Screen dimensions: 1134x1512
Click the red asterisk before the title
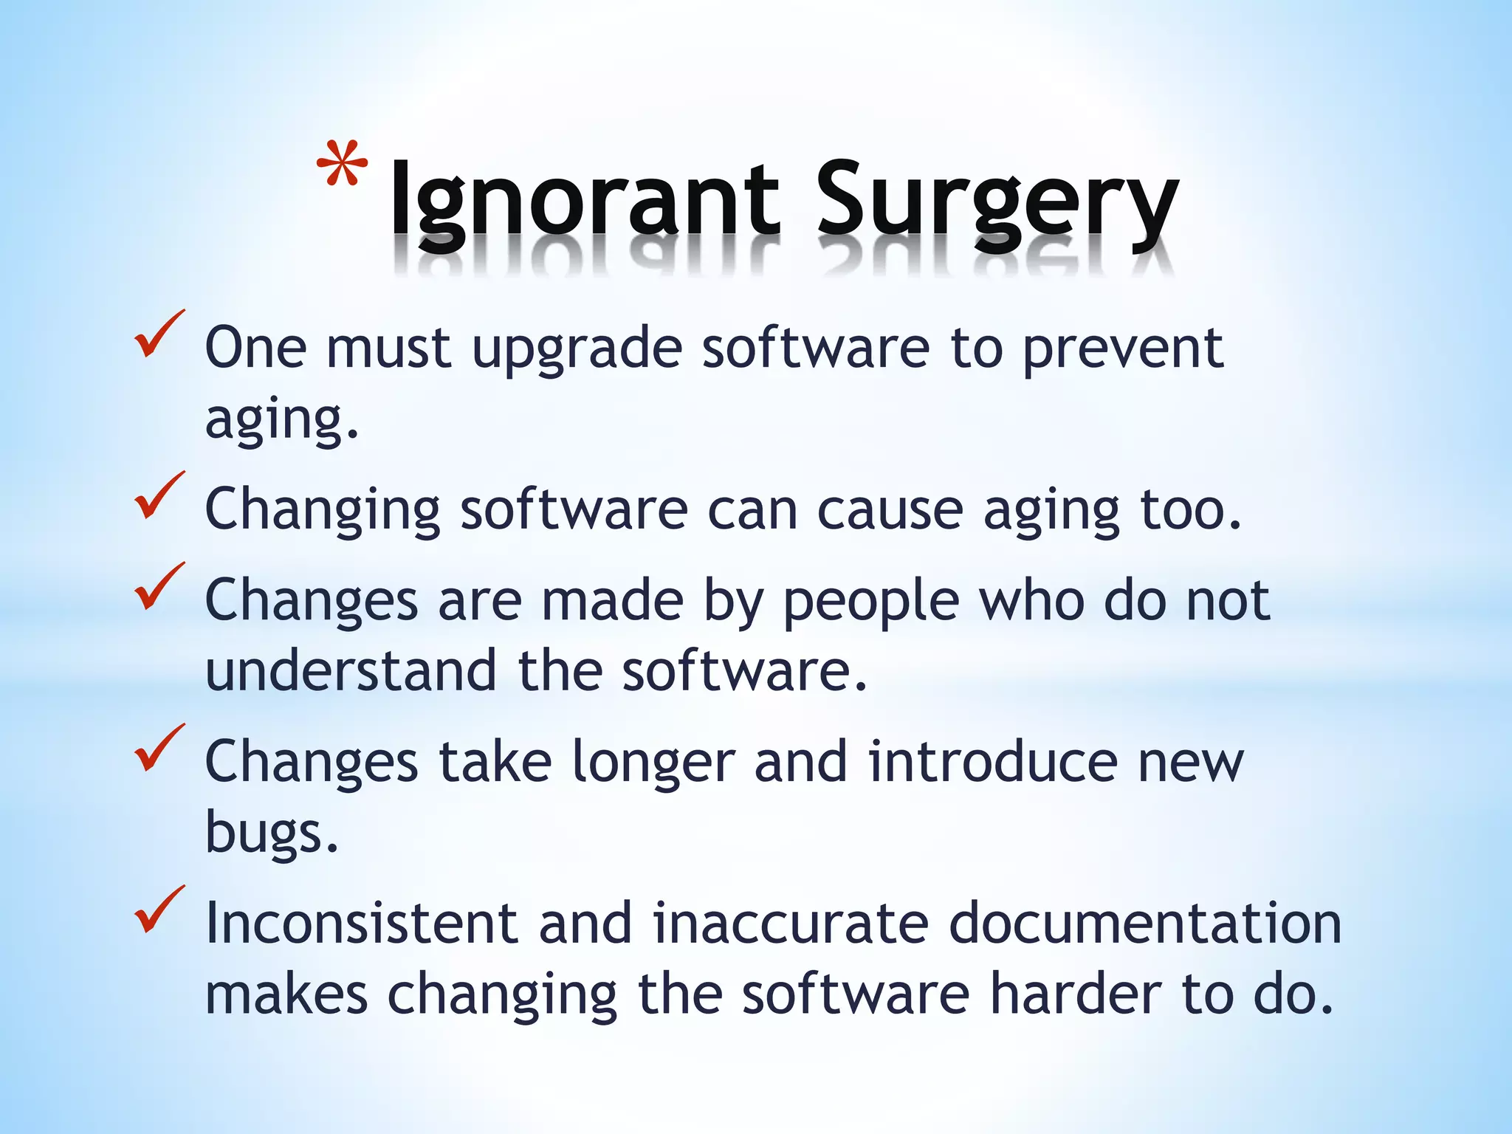pyautogui.click(x=342, y=164)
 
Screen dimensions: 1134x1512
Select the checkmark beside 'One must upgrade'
pyautogui.click(x=158, y=336)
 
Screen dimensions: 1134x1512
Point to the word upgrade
pyautogui.click(x=577, y=350)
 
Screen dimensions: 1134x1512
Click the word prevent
pyautogui.click(x=1122, y=350)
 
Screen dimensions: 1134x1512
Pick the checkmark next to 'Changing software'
pyautogui.click(x=158, y=496)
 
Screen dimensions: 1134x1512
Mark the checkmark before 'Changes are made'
pyautogui.click(x=158, y=587)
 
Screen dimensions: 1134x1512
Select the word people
pyautogui.click(x=871, y=602)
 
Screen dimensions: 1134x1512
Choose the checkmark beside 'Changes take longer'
pyautogui.click(x=158, y=748)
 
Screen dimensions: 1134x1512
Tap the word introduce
pyautogui.click(x=993, y=762)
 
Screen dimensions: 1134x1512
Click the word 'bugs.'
pyautogui.click(x=272, y=833)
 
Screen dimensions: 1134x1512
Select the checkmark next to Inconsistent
pyautogui.click(x=158, y=910)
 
